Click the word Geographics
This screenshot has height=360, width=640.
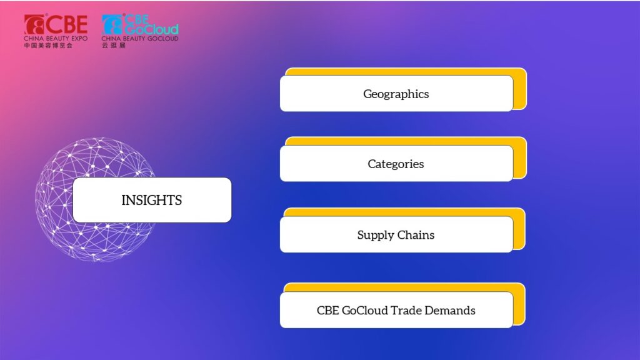(x=396, y=94)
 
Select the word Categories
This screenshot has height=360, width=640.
(x=396, y=164)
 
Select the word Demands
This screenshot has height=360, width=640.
(x=450, y=310)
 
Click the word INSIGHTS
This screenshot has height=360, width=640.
(x=152, y=200)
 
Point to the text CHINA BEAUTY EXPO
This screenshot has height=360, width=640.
(x=56, y=38)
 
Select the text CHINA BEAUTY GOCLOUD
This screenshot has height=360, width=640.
(x=140, y=38)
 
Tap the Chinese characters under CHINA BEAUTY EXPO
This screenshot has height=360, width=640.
(x=48, y=45)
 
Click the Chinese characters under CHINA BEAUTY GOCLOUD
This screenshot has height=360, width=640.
(x=114, y=45)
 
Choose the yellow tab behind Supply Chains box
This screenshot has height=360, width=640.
(x=519, y=229)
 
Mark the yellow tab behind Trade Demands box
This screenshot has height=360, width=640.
(x=519, y=304)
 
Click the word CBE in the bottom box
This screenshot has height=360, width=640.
(x=327, y=310)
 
